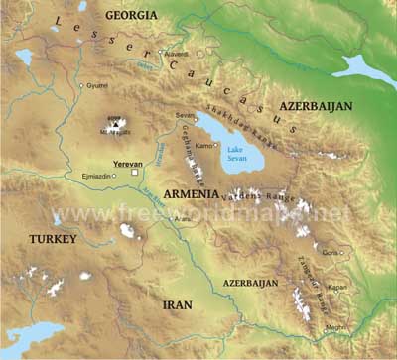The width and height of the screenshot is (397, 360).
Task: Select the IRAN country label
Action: tap(178, 304)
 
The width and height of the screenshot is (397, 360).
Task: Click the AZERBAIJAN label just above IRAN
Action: tap(250, 283)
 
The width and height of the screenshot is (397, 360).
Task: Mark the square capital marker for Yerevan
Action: tap(134, 172)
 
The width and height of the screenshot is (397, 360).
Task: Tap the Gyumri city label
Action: tap(97, 86)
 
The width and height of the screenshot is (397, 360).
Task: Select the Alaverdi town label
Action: tap(176, 53)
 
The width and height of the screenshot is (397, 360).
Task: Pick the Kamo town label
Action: tap(204, 146)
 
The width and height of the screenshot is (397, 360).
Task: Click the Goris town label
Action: tap(331, 253)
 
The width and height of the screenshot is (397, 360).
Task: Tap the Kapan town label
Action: tap(338, 288)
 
